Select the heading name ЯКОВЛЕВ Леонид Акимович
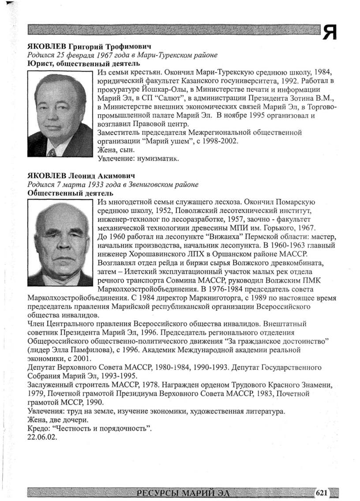[81, 176]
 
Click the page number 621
[321, 493]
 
